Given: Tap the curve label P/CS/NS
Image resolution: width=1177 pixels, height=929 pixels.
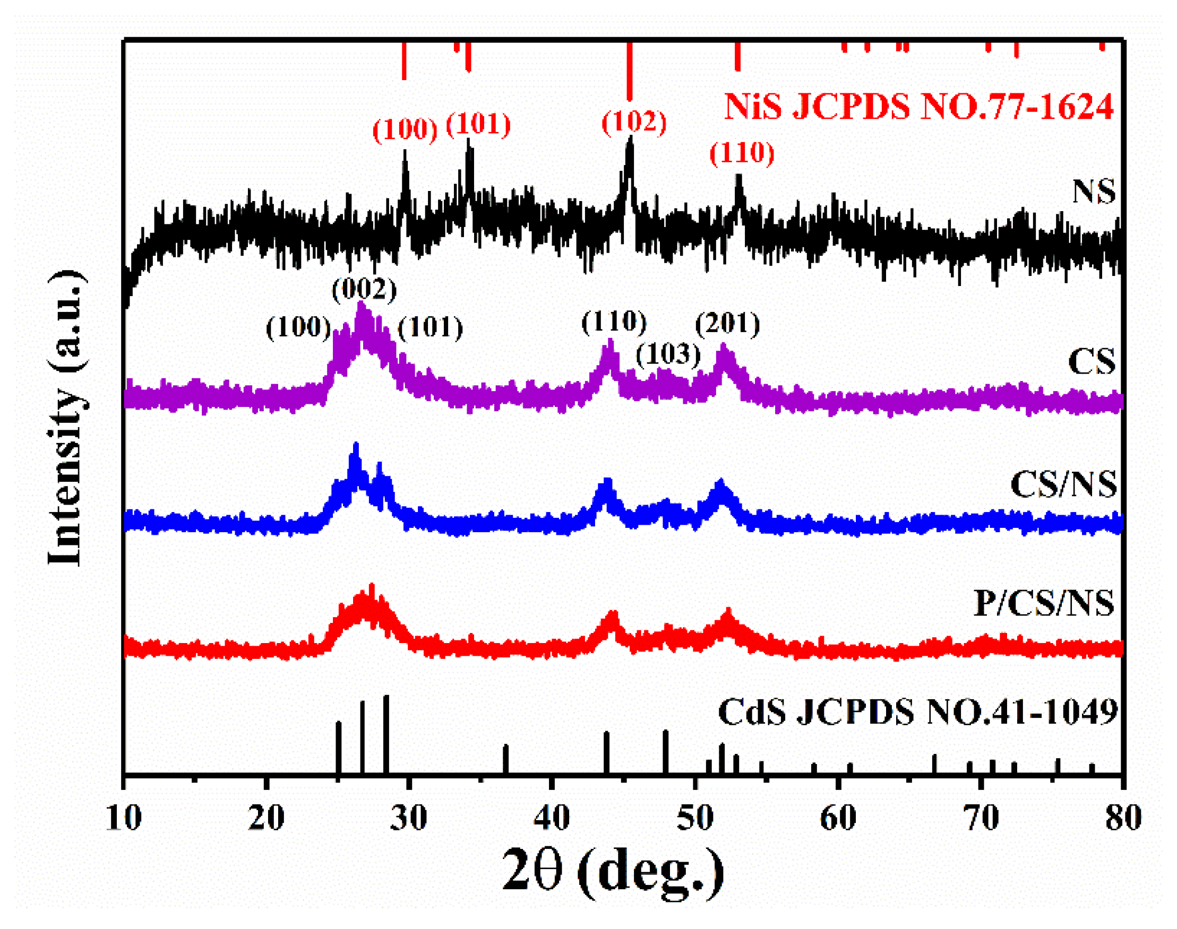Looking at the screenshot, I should (1044, 603).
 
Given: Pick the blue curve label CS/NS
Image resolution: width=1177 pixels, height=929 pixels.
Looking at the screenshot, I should (1063, 484).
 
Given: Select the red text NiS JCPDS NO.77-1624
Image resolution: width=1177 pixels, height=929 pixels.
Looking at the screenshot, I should (918, 106).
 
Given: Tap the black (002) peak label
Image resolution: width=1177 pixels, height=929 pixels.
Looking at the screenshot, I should (364, 289).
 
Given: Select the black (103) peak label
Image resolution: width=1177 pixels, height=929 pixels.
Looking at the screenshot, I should (668, 354).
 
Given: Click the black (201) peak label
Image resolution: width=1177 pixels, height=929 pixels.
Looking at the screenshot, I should (727, 324).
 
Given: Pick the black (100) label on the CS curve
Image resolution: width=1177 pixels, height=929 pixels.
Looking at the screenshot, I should (298, 327).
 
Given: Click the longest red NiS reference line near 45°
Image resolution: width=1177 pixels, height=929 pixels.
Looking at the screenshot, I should (630, 71).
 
